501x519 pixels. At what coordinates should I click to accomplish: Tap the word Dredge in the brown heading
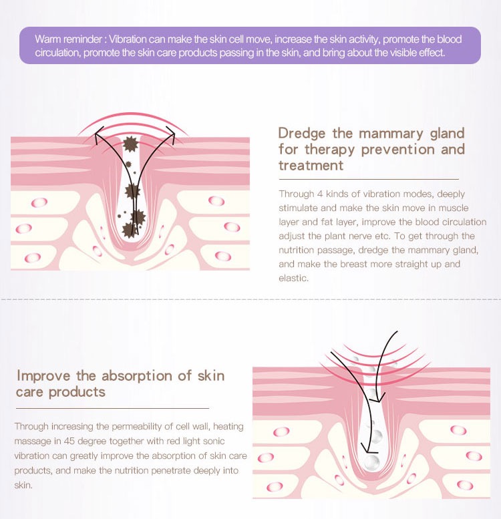[302, 133]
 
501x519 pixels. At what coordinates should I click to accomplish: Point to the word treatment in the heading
[311, 165]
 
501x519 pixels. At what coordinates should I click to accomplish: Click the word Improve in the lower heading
[42, 375]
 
